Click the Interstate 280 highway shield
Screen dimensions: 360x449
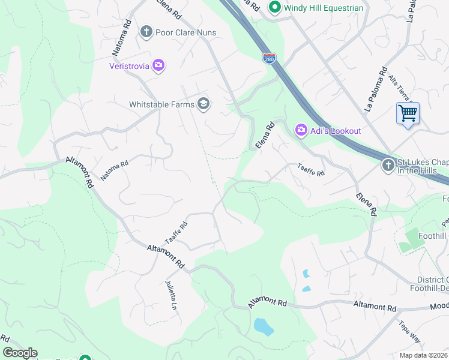click(x=269, y=58)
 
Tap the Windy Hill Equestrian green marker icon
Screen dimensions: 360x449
click(x=275, y=8)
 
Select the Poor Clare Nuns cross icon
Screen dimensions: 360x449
click(x=146, y=32)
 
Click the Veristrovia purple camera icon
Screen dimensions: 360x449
click(x=158, y=65)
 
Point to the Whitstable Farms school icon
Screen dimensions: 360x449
click(x=203, y=104)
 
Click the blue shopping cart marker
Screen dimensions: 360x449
click(x=408, y=113)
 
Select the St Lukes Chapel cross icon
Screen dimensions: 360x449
click(x=388, y=164)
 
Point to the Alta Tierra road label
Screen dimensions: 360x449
click(x=400, y=87)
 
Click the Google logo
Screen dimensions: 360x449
click(x=20, y=353)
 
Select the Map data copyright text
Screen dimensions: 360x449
click(x=423, y=355)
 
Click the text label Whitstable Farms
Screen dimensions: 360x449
click(x=161, y=104)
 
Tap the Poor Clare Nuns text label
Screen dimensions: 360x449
click(x=185, y=32)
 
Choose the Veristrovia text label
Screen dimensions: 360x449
click(x=129, y=66)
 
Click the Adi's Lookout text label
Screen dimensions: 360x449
click(x=336, y=131)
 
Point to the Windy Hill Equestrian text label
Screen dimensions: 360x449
click(x=324, y=8)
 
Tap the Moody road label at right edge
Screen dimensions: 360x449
click(x=439, y=306)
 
